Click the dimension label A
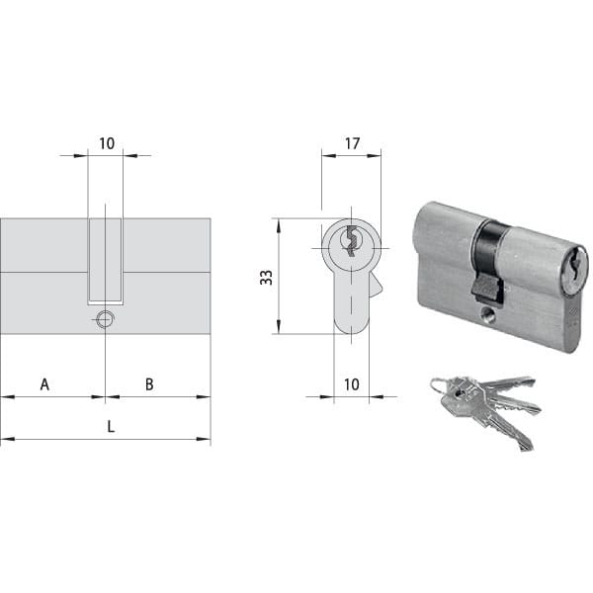click(44, 384)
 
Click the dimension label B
click(149, 384)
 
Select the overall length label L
click(111, 427)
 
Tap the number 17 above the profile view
click(352, 143)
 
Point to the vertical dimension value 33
click(266, 277)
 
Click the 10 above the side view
click(107, 143)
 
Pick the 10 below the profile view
click(351, 384)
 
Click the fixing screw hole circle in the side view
click(105, 319)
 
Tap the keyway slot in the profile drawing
click(352, 240)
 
